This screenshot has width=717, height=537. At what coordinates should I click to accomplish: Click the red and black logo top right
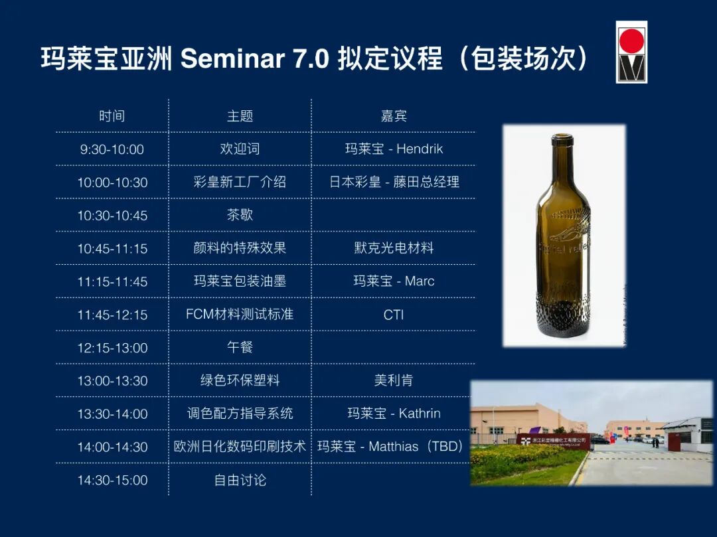click(631, 52)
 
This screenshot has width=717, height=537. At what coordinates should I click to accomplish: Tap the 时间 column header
click(112, 116)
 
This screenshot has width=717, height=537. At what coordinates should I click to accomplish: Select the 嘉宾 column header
click(394, 116)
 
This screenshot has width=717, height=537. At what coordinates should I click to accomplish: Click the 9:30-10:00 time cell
click(112, 149)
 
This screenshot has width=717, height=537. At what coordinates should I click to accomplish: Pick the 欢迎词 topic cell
click(240, 149)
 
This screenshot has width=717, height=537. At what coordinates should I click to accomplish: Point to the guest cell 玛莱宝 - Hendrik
click(394, 149)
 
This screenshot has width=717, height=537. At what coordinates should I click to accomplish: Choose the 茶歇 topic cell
click(240, 215)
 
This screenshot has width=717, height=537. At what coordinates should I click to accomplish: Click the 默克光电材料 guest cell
click(394, 248)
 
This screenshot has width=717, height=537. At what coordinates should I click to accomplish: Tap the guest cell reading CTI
click(394, 315)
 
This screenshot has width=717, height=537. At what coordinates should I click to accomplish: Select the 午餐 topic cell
click(240, 347)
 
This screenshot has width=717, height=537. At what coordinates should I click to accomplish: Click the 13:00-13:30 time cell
click(112, 380)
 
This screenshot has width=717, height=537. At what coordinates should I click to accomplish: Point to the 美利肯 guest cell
click(394, 380)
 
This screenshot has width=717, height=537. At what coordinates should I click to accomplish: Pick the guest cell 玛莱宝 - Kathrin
click(394, 414)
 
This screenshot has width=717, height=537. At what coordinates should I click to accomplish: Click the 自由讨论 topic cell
click(240, 480)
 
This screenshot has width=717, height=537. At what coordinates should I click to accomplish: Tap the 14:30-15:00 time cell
click(112, 480)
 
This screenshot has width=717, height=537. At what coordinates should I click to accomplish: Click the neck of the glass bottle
click(562, 163)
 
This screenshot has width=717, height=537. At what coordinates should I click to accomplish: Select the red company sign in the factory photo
click(554, 439)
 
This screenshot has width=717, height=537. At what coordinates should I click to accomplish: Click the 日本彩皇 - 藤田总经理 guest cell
click(394, 182)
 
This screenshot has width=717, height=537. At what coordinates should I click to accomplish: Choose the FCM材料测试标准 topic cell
click(240, 315)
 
